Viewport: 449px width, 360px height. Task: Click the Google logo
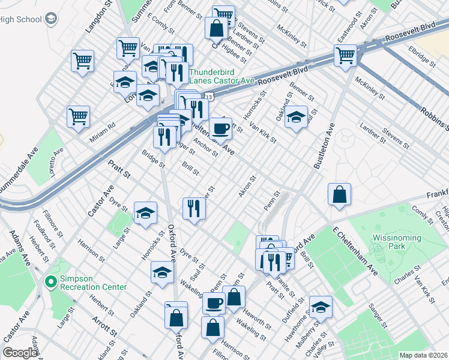[x=20, y=353]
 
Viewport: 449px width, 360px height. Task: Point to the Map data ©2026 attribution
[x=423, y=355]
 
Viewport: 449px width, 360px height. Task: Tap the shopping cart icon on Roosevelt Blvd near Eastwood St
[x=346, y=55]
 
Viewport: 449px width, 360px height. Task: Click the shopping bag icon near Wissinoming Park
[x=339, y=194]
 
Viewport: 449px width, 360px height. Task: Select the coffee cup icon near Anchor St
[x=220, y=127]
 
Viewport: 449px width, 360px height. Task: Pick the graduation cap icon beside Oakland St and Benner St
[x=295, y=117]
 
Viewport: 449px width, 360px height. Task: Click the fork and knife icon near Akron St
[x=193, y=208]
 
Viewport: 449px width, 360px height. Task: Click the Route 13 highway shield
[x=208, y=96]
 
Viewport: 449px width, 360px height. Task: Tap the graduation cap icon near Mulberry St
[x=321, y=307]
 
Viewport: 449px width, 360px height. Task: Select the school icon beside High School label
[x=51, y=18]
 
